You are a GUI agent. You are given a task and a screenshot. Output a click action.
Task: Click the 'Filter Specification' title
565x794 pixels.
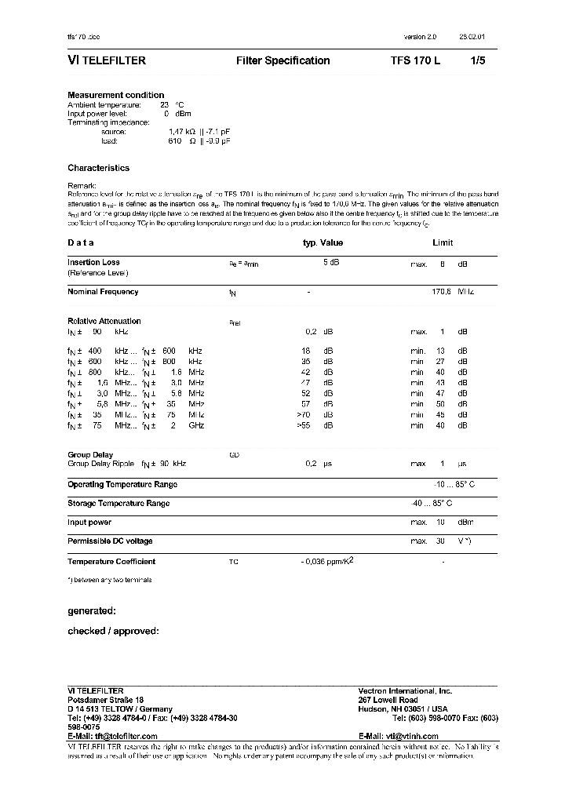[282, 60]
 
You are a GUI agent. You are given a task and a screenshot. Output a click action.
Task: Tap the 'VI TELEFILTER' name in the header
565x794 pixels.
[107, 60]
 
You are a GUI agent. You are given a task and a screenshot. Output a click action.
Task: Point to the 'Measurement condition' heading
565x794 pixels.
[116, 95]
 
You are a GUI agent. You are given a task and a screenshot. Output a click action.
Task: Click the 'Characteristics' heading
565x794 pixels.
[99, 168]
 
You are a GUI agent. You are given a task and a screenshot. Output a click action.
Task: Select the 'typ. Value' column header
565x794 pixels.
[323, 243]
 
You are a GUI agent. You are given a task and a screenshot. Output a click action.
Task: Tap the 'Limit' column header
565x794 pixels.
[443, 243]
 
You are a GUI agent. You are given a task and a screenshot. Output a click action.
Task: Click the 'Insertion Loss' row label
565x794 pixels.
[93, 263]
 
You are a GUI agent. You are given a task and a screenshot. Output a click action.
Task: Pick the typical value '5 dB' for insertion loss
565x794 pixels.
[330, 263]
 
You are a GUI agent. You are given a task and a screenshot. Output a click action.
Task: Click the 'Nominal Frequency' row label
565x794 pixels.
[103, 292]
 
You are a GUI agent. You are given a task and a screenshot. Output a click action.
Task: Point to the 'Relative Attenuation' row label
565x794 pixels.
[104, 321]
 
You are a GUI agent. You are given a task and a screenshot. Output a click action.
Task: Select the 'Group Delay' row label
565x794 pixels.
[90, 455]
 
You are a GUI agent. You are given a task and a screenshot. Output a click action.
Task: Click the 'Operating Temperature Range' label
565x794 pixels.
[122, 485]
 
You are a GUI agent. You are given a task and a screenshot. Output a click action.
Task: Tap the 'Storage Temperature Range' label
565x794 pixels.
[118, 504]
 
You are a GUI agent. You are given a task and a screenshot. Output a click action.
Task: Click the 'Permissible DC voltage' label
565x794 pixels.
[110, 541]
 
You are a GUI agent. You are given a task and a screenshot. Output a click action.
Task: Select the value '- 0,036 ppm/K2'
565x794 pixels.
[322, 561]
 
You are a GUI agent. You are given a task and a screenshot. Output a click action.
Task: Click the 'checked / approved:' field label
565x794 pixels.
[113, 631]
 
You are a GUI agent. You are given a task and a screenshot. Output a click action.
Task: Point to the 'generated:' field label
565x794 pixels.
[92, 610]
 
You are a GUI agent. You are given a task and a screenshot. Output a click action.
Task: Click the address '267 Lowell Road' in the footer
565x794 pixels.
[388, 700]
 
